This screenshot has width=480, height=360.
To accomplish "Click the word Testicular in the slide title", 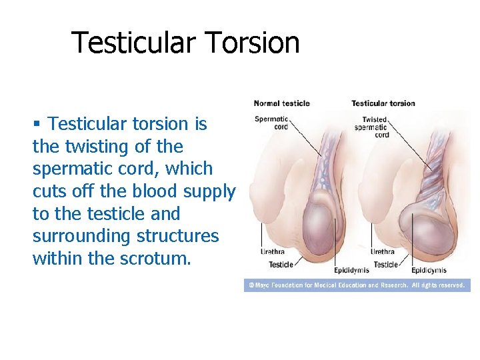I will (132, 43).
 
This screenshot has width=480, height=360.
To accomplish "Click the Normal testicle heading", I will (281, 103).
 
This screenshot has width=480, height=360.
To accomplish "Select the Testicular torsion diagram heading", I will (383, 103).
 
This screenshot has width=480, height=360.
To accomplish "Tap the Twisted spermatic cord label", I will (372, 127).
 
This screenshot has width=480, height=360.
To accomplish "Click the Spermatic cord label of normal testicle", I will (271, 123).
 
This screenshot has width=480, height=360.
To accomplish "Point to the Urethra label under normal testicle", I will (273, 252).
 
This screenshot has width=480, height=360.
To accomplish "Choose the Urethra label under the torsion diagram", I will (382, 252).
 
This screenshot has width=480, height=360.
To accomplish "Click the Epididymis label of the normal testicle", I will (315, 271).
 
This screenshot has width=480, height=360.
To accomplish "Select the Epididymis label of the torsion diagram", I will (429, 271).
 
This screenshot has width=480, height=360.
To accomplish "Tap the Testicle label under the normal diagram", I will (281, 265).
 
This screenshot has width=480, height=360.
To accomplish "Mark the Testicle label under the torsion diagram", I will (385, 265).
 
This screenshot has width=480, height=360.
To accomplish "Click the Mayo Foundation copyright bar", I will (357, 285).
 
